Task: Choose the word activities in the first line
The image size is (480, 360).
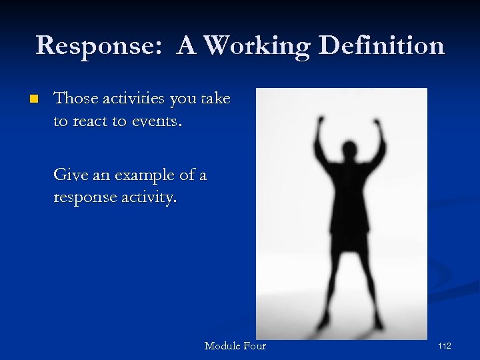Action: click(x=133, y=99)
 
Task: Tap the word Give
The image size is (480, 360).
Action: click(x=71, y=175)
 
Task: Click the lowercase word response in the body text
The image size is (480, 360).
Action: click(x=85, y=199)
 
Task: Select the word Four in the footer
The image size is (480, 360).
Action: click(x=255, y=346)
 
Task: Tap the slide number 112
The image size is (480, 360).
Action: click(x=445, y=346)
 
